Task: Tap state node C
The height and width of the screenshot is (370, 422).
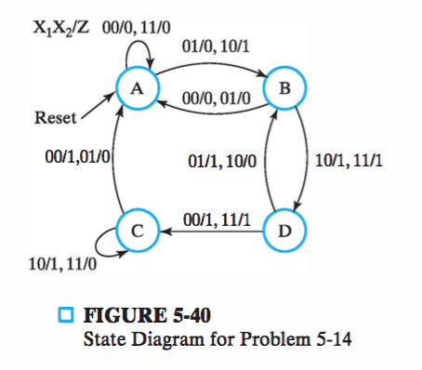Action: pyautogui.click(x=135, y=229)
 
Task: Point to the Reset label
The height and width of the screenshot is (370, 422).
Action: pyautogui.click(x=54, y=119)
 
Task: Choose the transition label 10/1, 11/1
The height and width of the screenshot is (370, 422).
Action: pyautogui.click(x=349, y=160)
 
